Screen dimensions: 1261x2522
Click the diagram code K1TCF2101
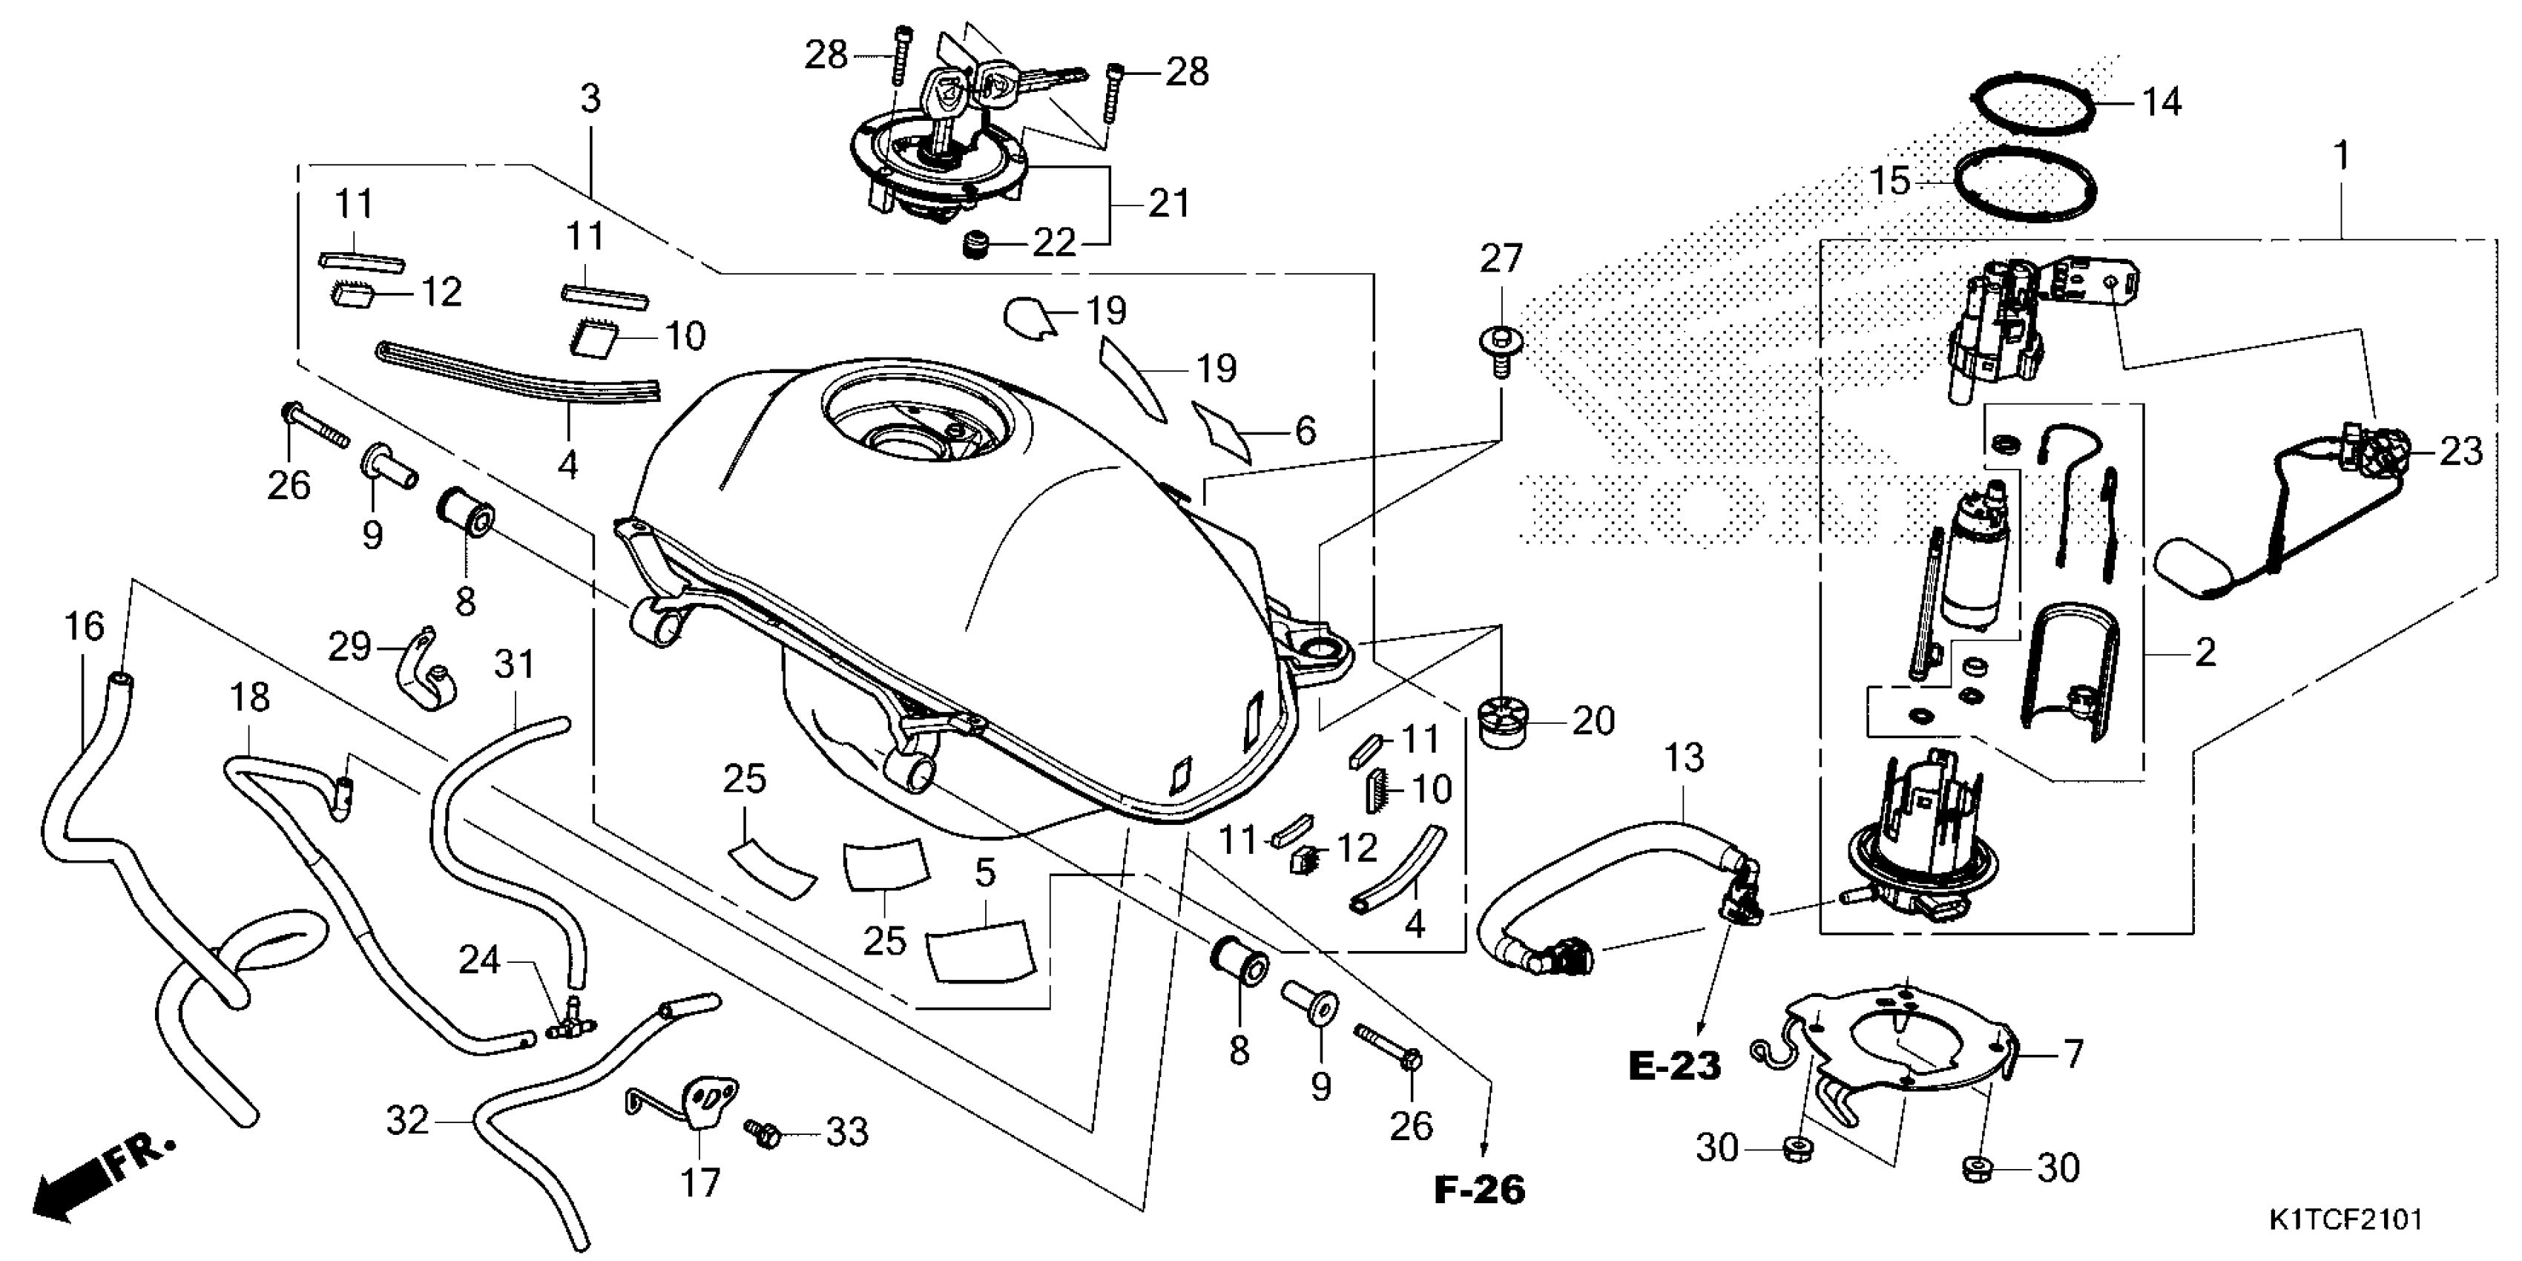[x=2345, y=1220]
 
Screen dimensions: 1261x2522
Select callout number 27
[x=1501, y=260]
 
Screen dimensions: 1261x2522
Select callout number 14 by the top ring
[x=2162, y=102]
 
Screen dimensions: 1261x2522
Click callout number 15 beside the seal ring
[x=1889, y=181]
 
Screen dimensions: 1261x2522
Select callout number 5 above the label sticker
[x=985, y=872]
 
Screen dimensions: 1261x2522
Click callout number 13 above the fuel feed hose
[x=1684, y=757]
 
